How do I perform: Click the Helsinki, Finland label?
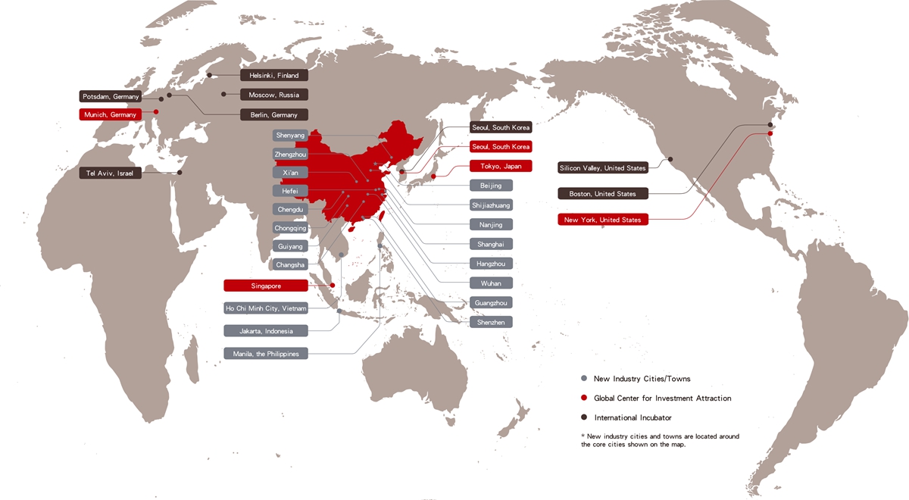274,75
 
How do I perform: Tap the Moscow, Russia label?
274,95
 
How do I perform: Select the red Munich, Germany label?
111,114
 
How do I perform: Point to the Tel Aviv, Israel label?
111,173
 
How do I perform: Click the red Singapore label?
266,286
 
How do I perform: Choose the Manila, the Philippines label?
266,354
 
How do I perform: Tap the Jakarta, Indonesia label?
266,331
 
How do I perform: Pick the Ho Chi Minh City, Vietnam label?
266,308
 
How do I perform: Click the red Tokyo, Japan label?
501,166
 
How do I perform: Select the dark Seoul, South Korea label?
501,127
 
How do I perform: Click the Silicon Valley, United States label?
603,167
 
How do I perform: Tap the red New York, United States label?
603,220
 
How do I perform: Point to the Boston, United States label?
603,194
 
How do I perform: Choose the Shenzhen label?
491,322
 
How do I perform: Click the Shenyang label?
291,135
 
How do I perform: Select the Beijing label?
491,185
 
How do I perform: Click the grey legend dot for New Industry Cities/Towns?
583,378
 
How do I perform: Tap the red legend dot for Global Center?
583,398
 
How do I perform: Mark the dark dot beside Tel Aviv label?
180,173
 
